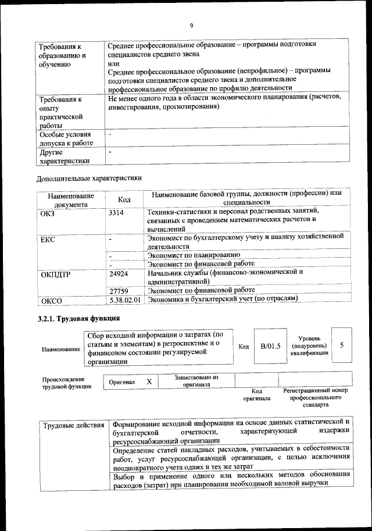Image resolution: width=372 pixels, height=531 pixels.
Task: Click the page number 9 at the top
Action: pyautogui.click(x=191, y=25)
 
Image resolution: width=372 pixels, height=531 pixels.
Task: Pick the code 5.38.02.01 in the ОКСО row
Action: pyautogui.click(x=126, y=300)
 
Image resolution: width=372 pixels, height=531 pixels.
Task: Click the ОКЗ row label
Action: pyautogui.click(x=48, y=213)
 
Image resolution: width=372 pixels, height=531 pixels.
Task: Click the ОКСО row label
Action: pyautogui.click(x=51, y=301)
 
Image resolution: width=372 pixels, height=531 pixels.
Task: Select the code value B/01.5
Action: pyautogui.click(x=271, y=346)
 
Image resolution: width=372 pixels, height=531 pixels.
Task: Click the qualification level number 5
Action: pyautogui.click(x=342, y=345)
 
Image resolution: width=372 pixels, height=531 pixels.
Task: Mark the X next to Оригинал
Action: pyautogui.click(x=149, y=382)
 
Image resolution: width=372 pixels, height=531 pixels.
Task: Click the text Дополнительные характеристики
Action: pyautogui.click(x=89, y=178)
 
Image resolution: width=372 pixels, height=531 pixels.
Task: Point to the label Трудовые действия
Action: pyautogui.click(x=74, y=426)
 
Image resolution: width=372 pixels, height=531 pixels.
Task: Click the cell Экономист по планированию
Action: pyautogui.click(x=194, y=255)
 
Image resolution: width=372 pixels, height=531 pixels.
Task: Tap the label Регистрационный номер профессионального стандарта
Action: pyautogui.click(x=315, y=398)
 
